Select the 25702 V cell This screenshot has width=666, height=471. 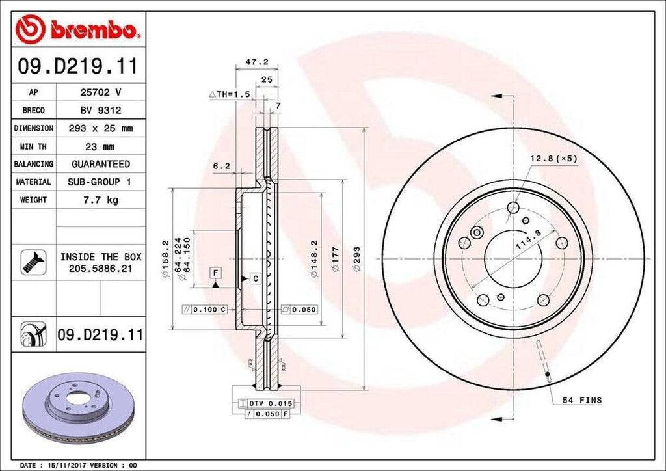100,93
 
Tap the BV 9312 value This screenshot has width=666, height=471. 100,111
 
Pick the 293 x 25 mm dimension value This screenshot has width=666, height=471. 100,129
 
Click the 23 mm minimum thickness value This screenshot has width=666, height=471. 100,146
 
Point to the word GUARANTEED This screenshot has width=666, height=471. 100,164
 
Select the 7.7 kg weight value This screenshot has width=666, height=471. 100,200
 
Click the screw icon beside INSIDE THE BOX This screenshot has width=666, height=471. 31,262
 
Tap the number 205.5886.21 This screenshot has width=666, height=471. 100,267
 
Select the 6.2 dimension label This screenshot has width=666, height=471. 221,167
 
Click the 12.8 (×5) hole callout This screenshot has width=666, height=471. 553,158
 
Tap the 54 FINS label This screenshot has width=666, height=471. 577,400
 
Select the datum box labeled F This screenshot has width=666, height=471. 214,271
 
